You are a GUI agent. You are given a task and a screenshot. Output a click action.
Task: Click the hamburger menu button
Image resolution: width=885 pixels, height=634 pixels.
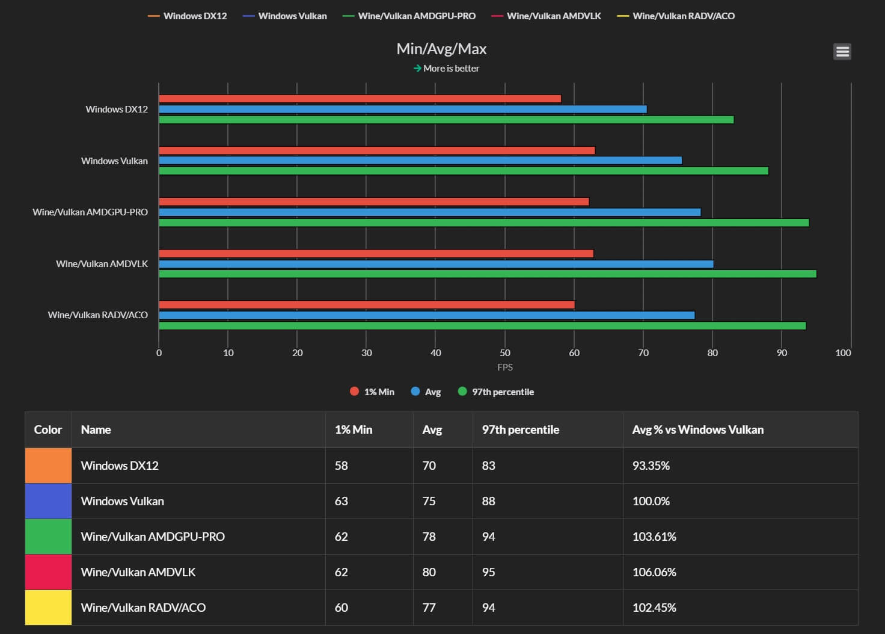[x=842, y=52]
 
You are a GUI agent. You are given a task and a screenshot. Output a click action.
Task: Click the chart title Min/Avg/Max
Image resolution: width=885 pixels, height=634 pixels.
[x=441, y=49]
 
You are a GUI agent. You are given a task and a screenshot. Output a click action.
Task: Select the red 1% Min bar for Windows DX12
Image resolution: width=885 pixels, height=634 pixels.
[x=360, y=99]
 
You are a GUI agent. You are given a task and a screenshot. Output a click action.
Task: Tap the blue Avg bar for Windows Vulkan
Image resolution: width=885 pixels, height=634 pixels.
[x=420, y=161]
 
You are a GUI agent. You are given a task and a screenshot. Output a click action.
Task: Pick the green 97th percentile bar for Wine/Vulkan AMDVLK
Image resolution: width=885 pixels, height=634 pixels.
[x=487, y=274]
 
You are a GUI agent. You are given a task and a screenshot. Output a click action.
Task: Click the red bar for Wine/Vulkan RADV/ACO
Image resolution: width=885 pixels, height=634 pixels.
[x=366, y=305]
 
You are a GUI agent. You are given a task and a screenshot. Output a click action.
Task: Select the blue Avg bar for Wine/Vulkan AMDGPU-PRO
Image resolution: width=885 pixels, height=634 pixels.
[x=429, y=212]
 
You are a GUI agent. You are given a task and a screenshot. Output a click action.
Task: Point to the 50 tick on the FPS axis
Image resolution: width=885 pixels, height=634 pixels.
[x=505, y=352]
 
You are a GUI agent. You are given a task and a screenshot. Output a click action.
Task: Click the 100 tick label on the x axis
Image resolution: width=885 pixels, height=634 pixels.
[x=843, y=352]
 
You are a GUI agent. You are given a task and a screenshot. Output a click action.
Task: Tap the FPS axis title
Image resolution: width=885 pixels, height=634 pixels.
[x=505, y=367]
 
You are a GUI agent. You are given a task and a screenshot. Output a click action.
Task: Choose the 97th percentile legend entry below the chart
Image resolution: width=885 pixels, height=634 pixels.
[x=496, y=392]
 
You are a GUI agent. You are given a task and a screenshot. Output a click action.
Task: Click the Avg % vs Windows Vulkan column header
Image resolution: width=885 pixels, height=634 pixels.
[x=697, y=429]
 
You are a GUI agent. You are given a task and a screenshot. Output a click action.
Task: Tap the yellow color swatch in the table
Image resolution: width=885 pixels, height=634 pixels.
[x=48, y=608]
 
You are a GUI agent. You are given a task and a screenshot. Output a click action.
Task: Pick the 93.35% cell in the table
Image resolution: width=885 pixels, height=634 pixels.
[x=651, y=466]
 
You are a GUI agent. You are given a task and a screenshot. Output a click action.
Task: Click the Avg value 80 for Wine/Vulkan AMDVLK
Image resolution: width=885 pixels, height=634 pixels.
[x=429, y=572]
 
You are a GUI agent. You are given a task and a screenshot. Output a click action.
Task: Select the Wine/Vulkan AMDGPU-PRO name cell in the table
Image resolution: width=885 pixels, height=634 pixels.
[x=153, y=537]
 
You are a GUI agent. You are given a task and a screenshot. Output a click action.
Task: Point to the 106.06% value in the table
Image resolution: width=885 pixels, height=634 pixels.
[x=654, y=572]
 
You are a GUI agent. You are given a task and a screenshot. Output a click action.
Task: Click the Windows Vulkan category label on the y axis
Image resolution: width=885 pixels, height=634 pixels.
[x=114, y=161]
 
